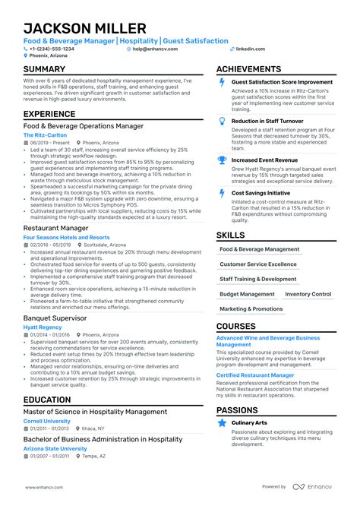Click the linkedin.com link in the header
click(x=251, y=49)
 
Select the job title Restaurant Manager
click(x=55, y=228)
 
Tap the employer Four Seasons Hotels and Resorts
click(x=66, y=237)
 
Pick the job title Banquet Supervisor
click(x=55, y=318)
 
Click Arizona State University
click(x=55, y=448)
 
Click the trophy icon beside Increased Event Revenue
click(x=221, y=160)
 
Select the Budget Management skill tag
click(x=247, y=294)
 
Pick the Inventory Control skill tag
click(x=308, y=294)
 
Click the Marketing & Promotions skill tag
click(x=251, y=309)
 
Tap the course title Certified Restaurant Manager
click(x=255, y=375)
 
